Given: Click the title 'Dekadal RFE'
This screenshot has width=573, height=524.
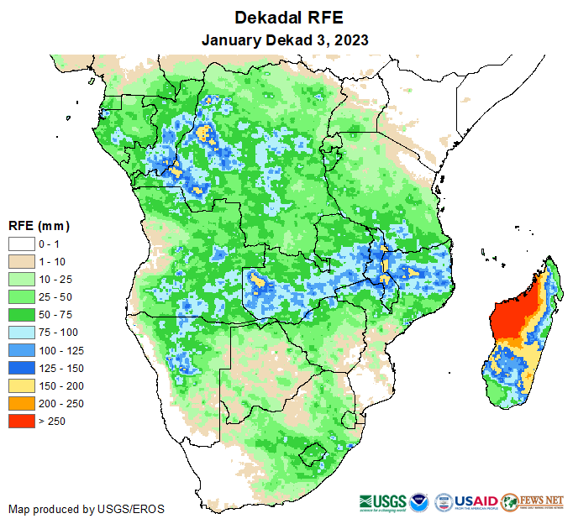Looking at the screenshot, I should [x=286, y=18].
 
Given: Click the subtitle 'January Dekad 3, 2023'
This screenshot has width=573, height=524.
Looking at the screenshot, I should [x=286, y=39].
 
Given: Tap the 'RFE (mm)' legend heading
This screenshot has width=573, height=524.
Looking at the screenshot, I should [x=39, y=226].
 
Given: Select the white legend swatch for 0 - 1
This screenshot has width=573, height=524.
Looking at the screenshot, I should [x=21, y=244].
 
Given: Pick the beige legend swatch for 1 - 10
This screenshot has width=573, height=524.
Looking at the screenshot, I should [x=21, y=261].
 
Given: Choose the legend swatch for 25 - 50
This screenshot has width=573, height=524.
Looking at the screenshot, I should [x=21, y=296].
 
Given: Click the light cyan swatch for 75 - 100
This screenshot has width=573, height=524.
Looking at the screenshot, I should [x=21, y=332].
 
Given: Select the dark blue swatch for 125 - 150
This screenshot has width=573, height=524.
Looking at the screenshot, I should [x=21, y=368].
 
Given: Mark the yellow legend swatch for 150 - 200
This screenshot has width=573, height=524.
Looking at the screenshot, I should [x=21, y=385].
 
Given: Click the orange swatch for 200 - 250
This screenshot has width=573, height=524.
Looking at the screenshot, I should [x=21, y=403].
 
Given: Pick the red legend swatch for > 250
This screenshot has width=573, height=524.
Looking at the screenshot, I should [x=21, y=421].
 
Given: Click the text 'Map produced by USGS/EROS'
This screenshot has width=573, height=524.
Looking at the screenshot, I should [x=87, y=509].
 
